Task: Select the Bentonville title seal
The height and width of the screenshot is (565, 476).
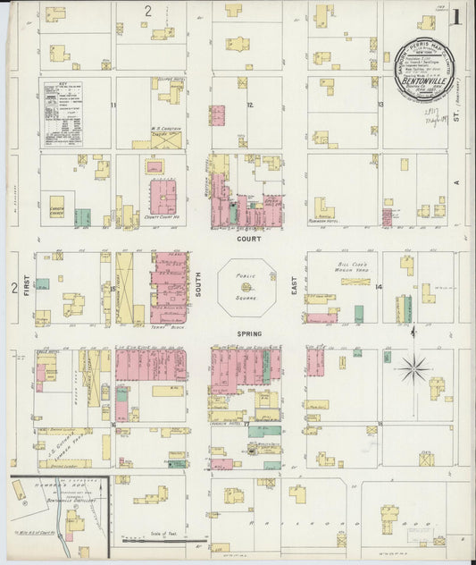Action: (425, 71)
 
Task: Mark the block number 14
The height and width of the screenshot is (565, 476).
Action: (379, 287)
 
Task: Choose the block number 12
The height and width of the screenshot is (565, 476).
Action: (250, 105)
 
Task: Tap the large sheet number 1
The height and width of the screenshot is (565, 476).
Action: (455, 17)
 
